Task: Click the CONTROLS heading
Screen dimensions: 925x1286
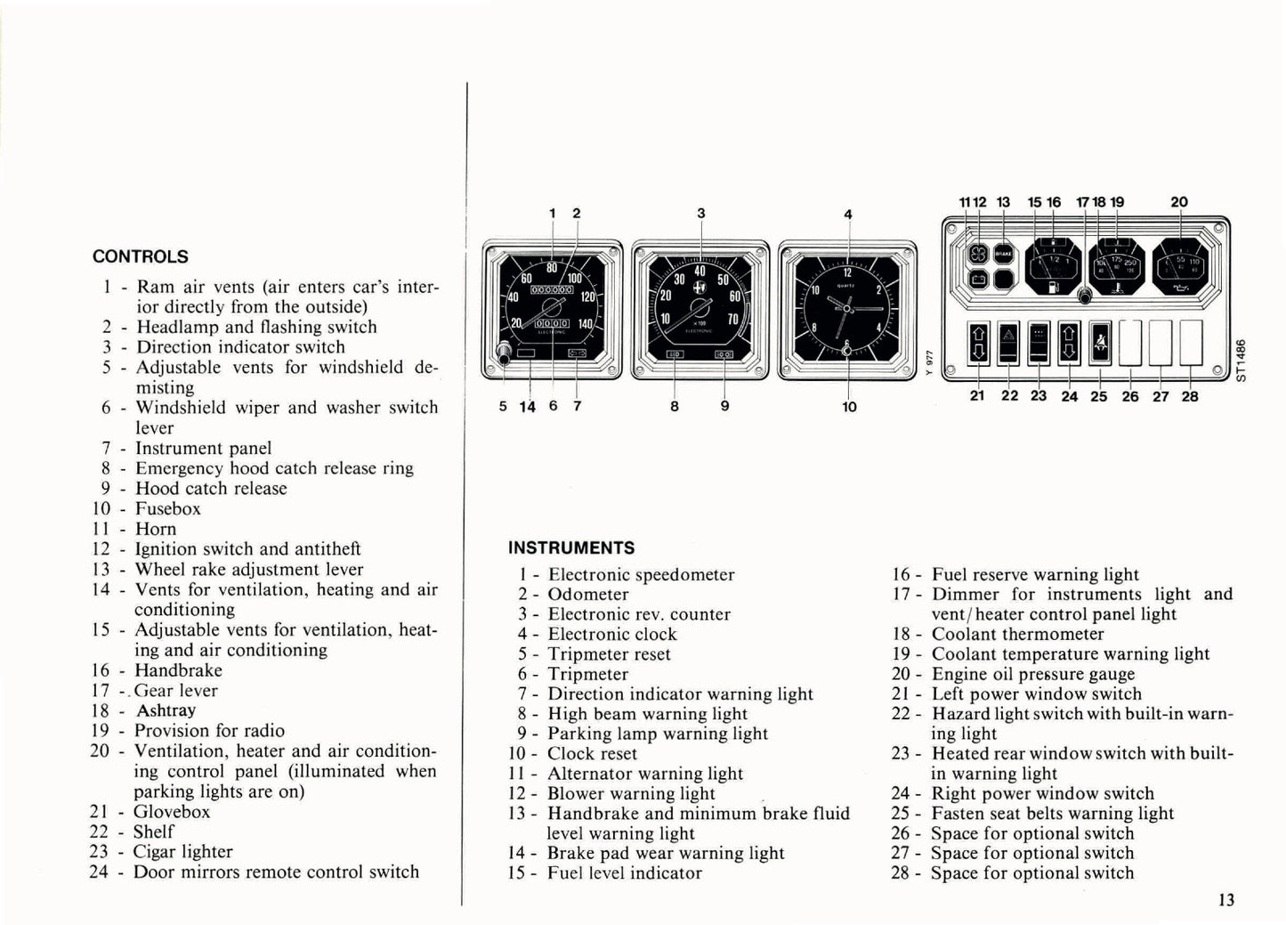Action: (x=141, y=257)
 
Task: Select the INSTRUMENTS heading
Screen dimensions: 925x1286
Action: (x=571, y=548)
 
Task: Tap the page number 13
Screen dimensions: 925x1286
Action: (x=1225, y=900)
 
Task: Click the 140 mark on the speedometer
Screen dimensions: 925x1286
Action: (x=584, y=324)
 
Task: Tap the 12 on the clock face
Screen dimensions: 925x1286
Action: (x=847, y=273)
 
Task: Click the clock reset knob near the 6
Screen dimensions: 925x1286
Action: (x=846, y=351)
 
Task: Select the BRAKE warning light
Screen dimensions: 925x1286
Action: (x=1003, y=255)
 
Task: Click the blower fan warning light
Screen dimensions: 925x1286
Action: (x=975, y=255)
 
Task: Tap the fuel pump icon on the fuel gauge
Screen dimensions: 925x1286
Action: (x=1053, y=287)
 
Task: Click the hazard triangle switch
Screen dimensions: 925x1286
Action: (x=1008, y=342)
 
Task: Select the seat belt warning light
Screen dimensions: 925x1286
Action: (x=1099, y=342)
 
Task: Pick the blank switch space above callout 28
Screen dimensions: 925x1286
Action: (x=1191, y=343)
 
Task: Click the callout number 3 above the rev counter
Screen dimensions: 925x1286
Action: (x=701, y=214)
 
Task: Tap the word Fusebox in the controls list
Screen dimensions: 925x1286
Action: (x=168, y=509)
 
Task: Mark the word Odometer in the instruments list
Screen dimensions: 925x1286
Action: (x=588, y=595)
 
